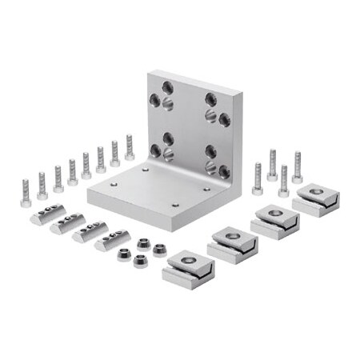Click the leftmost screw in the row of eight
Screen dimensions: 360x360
pyautogui.click(x=26, y=193)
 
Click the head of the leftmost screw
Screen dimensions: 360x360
pyautogui.click(x=26, y=202)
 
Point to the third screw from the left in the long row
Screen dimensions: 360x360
pyautogui.click(x=58, y=179)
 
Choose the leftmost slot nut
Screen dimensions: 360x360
pyautogui.click(x=48, y=214)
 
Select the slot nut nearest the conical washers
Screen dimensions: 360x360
pyautogui.click(x=112, y=239)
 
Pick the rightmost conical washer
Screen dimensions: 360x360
pyautogui.click(x=160, y=250)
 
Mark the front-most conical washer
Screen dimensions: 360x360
pyautogui.click(x=141, y=261)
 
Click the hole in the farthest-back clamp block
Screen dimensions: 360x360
pyautogui.click(x=316, y=191)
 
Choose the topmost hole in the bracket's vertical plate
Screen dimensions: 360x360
pyautogui.click(x=167, y=86)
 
